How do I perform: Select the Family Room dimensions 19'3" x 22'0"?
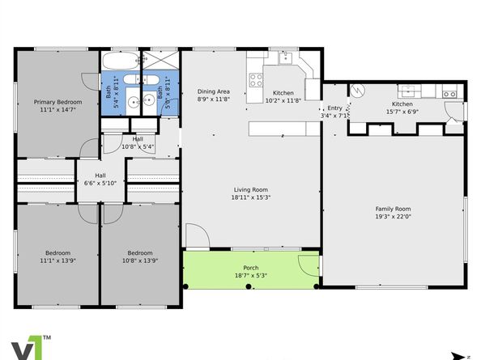click(393, 216)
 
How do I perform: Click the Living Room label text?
click(251, 189)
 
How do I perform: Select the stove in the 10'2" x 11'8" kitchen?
click(257, 79)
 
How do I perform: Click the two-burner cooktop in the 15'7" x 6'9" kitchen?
click(449, 95)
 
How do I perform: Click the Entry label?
click(335, 108)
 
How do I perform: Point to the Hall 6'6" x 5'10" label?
click(100, 179)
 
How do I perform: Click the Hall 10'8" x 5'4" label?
click(138, 142)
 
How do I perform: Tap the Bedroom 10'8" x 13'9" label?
click(138, 256)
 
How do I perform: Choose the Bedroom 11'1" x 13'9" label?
click(57, 256)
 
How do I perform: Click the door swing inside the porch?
click(308, 265)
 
